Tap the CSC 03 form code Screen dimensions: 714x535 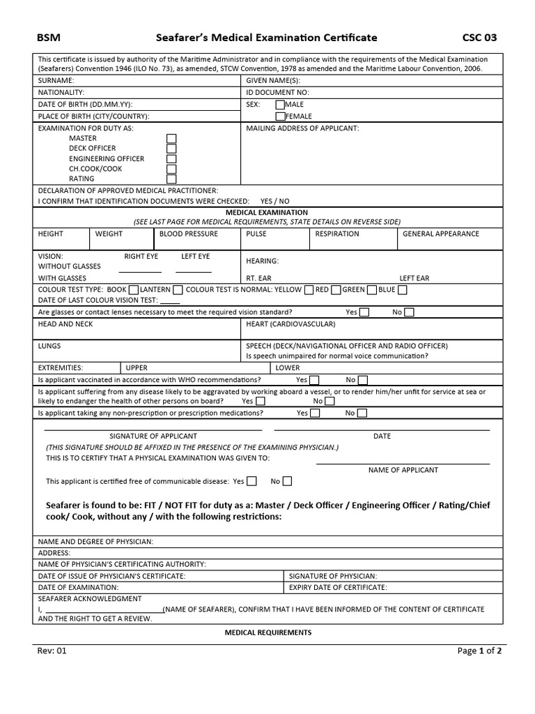tap(480, 38)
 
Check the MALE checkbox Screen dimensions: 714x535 tap(281, 105)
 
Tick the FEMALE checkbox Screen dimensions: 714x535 tap(281, 116)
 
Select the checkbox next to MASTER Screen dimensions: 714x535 tap(171, 139)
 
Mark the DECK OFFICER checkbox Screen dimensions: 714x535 tap(171, 149)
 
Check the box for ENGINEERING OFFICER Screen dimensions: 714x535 tap(171, 159)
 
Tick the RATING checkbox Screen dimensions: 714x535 tap(171, 179)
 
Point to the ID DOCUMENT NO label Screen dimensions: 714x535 tap(277, 92)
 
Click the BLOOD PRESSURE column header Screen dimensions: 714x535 tap(188, 234)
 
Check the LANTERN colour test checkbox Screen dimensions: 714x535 tap(178, 290)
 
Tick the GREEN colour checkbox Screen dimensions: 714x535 tap(371, 290)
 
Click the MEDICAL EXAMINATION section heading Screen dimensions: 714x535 tap(267, 212)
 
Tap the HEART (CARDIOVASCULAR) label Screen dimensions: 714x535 tap(290, 324)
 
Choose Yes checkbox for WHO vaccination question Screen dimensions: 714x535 tap(314, 380)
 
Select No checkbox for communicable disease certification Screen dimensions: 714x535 tap(287, 481)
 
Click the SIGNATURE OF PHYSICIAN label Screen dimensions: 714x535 tap(333, 576)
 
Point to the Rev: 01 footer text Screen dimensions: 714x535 tap(52, 651)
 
